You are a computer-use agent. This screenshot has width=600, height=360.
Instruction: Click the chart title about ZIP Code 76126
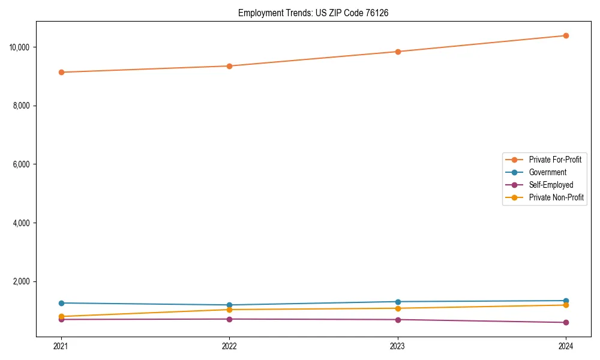(313, 13)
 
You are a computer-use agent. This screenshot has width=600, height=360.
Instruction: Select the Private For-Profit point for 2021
(61, 72)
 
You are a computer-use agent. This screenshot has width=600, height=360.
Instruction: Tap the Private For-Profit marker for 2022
(229, 66)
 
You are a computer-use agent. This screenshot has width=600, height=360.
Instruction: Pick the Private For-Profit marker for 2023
(398, 52)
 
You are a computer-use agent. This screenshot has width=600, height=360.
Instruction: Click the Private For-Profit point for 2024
(566, 35)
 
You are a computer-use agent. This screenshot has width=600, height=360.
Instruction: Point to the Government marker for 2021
(61, 303)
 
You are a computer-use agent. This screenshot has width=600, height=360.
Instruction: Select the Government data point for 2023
(398, 302)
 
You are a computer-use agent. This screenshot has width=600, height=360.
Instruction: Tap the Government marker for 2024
(566, 301)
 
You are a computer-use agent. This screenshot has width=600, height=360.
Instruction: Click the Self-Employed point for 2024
(566, 323)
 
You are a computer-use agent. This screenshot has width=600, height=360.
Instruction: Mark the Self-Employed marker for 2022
(229, 319)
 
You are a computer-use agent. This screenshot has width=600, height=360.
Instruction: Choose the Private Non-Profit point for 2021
(61, 316)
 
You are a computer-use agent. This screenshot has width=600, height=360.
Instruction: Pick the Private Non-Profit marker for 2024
(566, 305)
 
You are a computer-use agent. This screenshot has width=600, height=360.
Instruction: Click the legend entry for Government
(547, 172)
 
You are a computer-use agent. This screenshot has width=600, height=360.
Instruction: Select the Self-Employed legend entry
(551, 185)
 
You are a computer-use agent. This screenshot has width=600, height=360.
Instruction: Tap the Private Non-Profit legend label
(556, 197)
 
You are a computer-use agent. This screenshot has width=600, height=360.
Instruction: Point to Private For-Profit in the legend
(555, 160)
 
